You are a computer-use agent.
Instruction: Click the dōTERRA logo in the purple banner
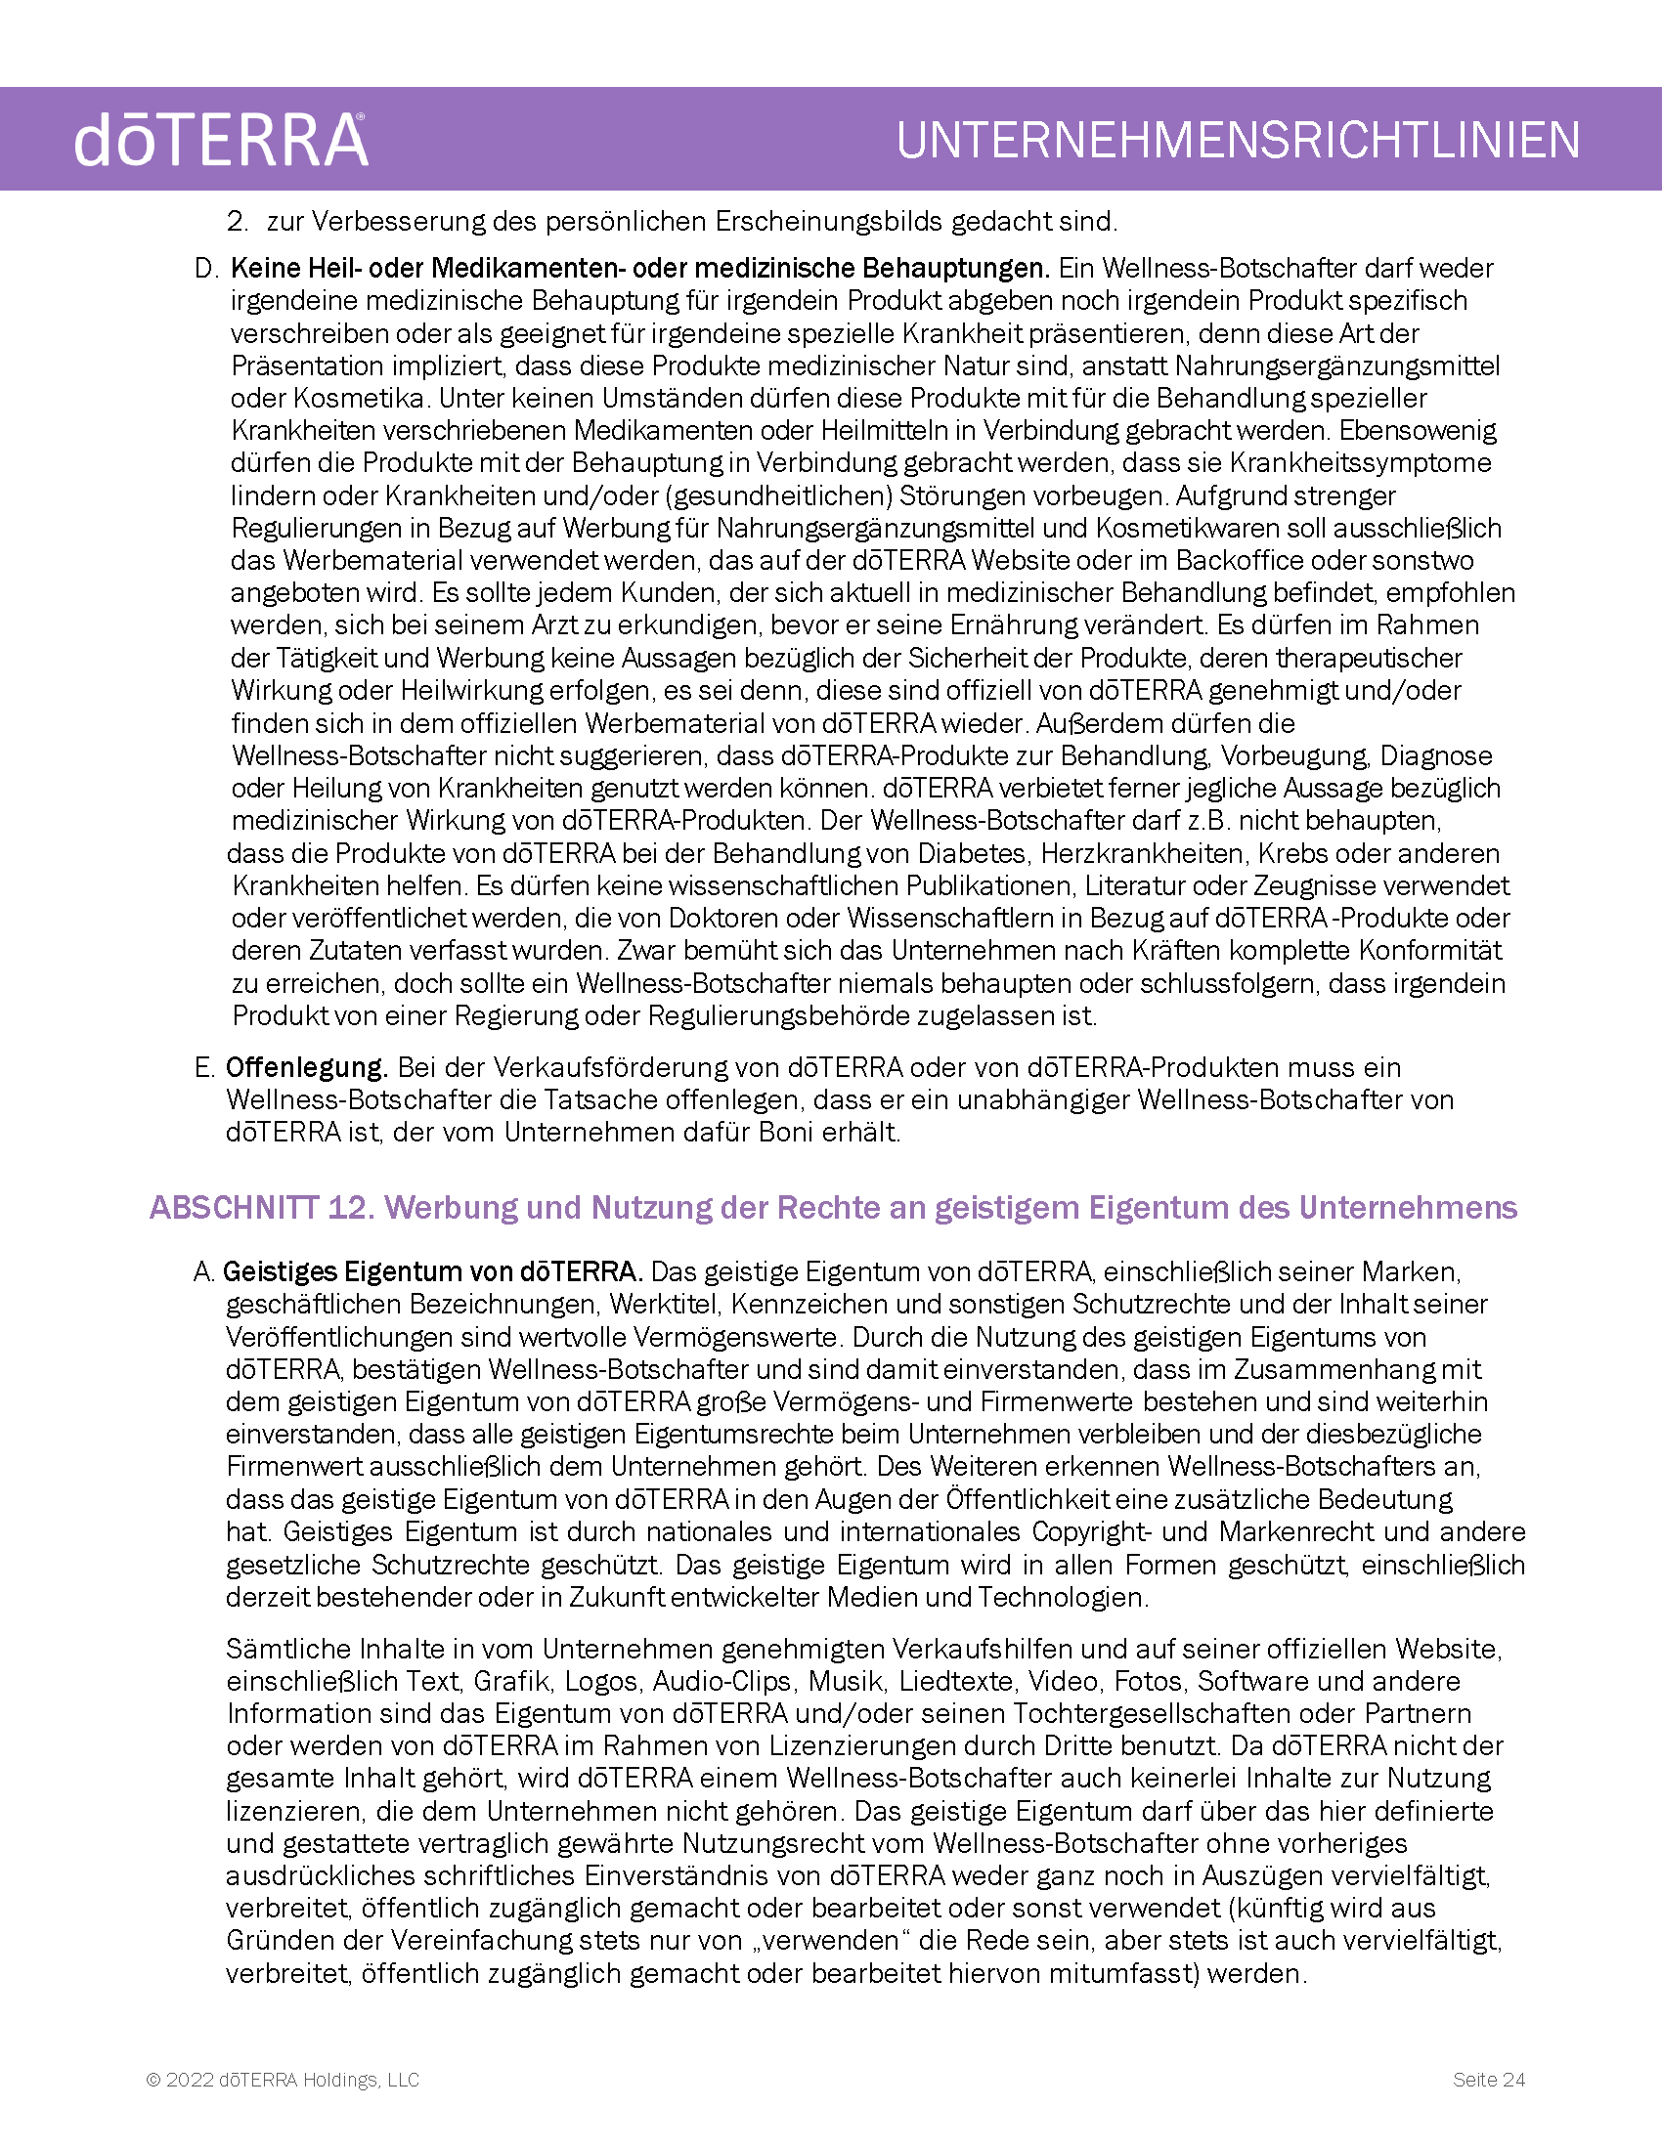point(221,140)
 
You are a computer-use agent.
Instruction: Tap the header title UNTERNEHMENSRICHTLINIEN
point(1238,140)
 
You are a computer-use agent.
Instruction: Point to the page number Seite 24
point(1489,2079)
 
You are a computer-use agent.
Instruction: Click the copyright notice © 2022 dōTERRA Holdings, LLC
point(283,2079)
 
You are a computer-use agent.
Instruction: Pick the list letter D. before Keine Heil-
point(205,268)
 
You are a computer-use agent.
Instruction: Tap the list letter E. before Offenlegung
point(204,1067)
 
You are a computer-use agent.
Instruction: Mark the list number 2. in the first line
point(237,221)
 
